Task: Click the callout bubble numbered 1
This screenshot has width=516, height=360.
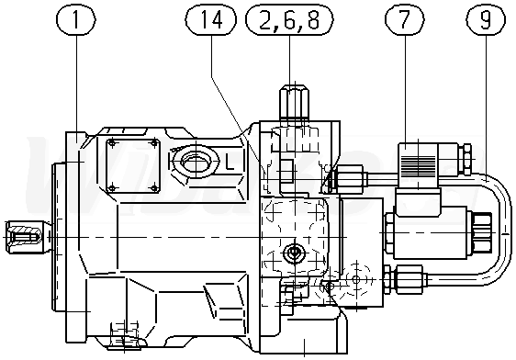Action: point(76,19)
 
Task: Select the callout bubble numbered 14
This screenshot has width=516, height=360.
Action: point(211,19)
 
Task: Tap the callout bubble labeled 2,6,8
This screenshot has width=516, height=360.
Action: point(289,19)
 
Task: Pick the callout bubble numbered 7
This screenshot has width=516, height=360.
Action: point(405,19)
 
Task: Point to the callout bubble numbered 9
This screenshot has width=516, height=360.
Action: point(486,19)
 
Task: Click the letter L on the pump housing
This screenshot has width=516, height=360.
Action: point(230,163)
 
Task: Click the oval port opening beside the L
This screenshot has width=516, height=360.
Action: point(196,162)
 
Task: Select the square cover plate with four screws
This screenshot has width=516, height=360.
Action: point(133,165)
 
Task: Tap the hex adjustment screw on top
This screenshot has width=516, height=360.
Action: point(295,102)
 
